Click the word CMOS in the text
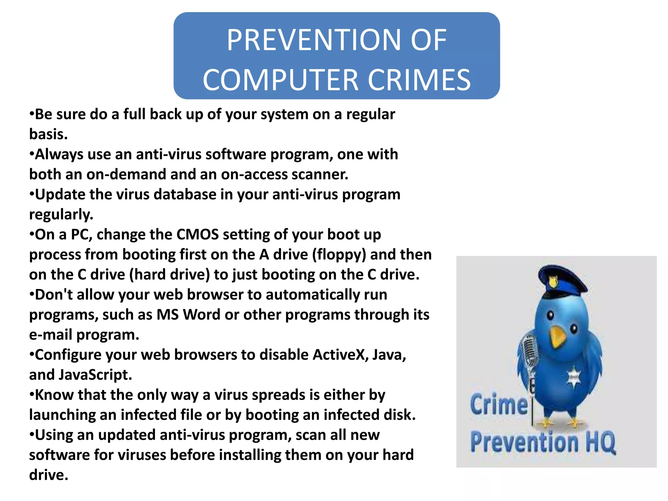[x=197, y=235]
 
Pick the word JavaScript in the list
[x=95, y=375]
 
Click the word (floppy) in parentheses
[x=339, y=255]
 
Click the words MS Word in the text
[x=189, y=315]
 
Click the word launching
[x=62, y=415]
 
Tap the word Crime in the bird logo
[x=499, y=404]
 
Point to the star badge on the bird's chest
[x=573, y=378]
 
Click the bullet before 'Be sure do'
[x=32, y=114]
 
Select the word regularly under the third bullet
[x=61, y=215]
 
